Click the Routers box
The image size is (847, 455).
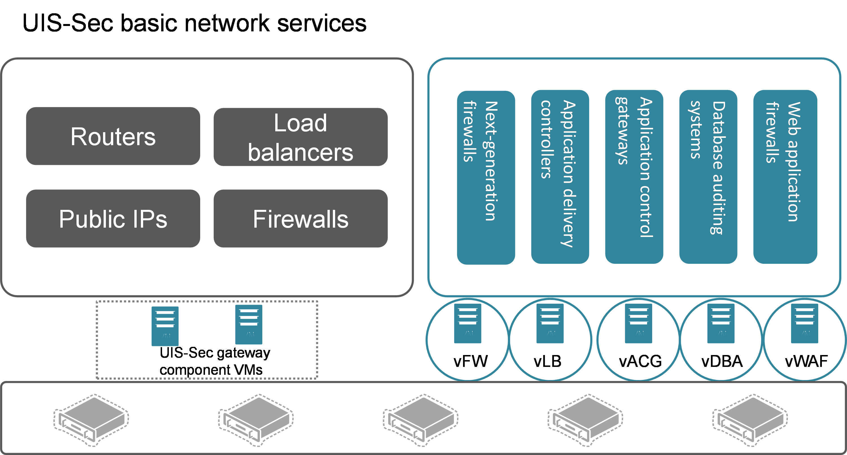(x=113, y=136)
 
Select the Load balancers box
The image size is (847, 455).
(x=300, y=137)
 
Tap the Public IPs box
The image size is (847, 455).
(x=113, y=218)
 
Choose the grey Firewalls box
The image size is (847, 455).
(x=300, y=218)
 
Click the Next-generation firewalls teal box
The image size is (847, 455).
(x=486, y=178)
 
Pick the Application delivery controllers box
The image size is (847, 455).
(x=560, y=177)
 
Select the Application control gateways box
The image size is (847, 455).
(x=634, y=177)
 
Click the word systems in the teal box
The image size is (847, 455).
(x=696, y=130)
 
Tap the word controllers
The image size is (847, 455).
(x=546, y=140)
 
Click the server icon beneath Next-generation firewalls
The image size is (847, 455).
(x=467, y=323)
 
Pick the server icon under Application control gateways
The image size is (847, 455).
(x=638, y=323)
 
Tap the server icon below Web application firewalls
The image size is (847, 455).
(x=804, y=323)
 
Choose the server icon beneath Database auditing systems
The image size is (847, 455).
(x=721, y=323)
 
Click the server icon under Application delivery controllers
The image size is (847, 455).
(x=550, y=323)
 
